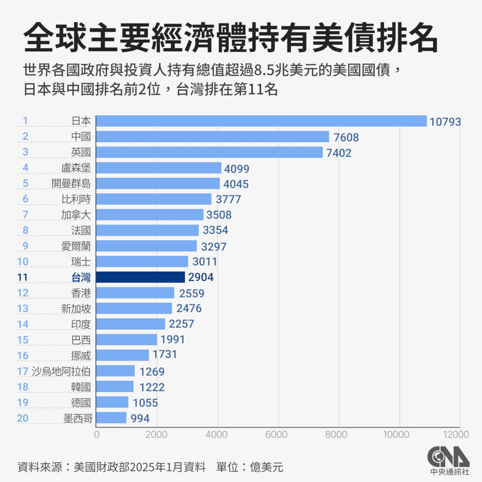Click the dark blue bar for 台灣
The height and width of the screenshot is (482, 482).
pyautogui.click(x=140, y=277)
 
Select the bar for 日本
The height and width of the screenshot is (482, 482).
pyautogui.click(x=261, y=121)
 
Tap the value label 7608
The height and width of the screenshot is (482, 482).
pyautogui.click(x=346, y=137)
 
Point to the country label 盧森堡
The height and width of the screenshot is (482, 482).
pyautogui.click(x=76, y=168)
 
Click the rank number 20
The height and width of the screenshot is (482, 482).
pyautogui.click(x=22, y=418)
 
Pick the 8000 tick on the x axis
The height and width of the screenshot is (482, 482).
pyautogui.click(x=339, y=434)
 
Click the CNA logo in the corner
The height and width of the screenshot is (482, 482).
pyautogui.click(x=448, y=459)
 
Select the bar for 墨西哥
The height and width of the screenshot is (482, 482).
pyautogui.click(x=111, y=418)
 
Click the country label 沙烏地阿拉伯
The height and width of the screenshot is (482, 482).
pyautogui.click(x=61, y=371)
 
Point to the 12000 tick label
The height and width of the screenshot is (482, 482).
pyautogui.click(x=455, y=434)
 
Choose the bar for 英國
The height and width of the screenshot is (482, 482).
pyautogui.click(x=209, y=153)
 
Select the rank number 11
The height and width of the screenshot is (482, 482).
pyautogui.click(x=22, y=277)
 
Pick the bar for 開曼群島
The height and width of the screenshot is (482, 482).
pyautogui.click(x=158, y=184)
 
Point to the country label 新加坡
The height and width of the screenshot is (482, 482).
pyautogui.click(x=76, y=309)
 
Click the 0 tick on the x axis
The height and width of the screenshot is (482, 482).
pyautogui.click(x=96, y=434)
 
